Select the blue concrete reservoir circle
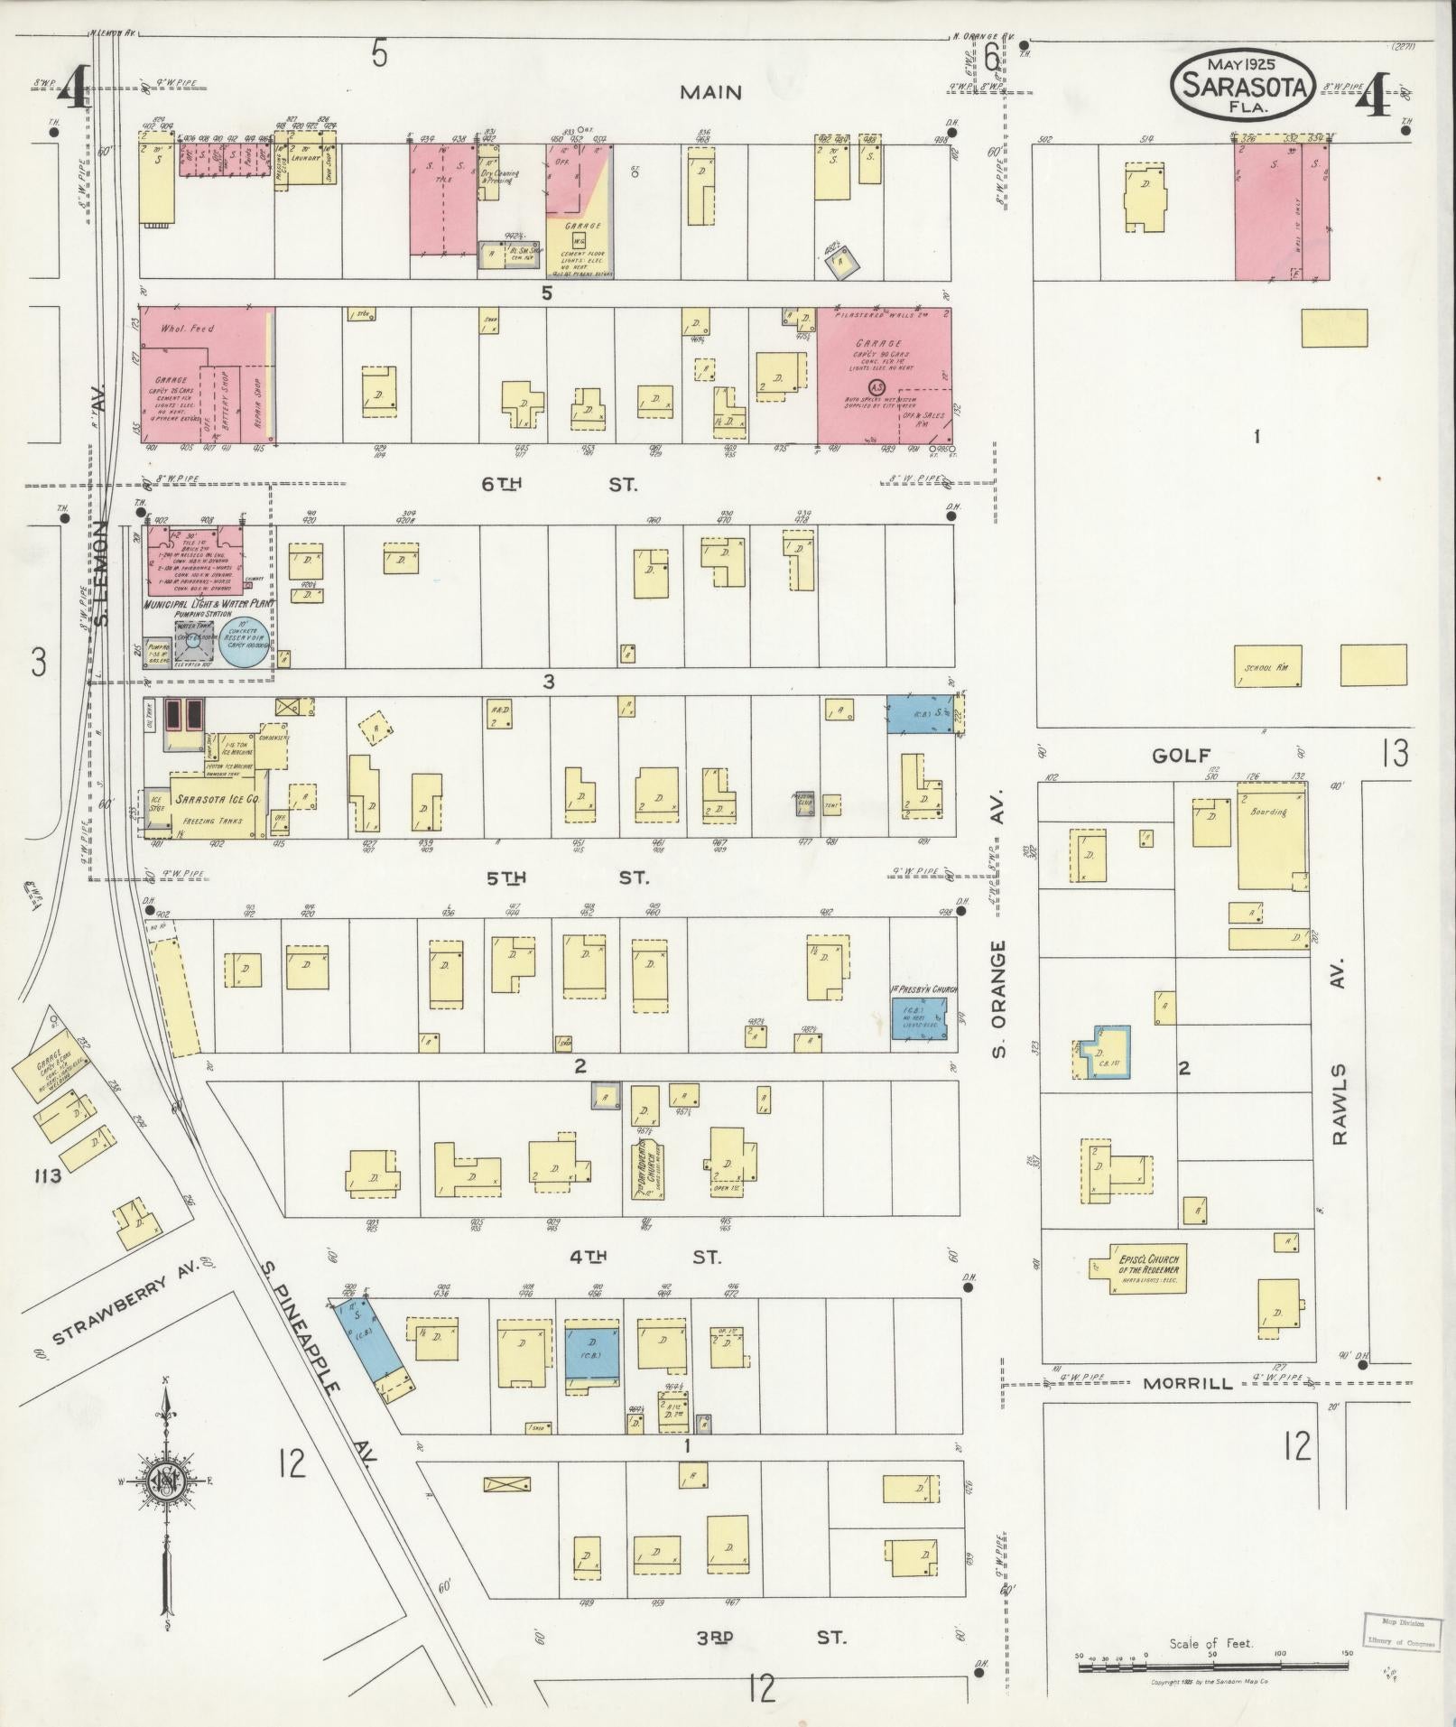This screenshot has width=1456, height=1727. (x=246, y=642)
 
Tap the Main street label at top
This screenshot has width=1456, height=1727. (x=710, y=92)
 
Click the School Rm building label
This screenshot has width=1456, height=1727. (x=1267, y=667)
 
